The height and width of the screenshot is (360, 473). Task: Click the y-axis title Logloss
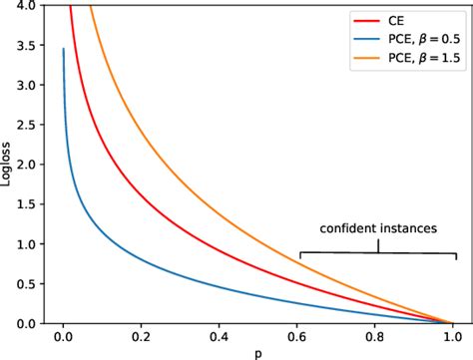[9, 165]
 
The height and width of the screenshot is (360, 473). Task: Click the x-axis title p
[257, 352]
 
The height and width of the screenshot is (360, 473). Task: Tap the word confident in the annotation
[349, 228]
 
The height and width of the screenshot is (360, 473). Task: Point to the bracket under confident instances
[379, 249]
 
